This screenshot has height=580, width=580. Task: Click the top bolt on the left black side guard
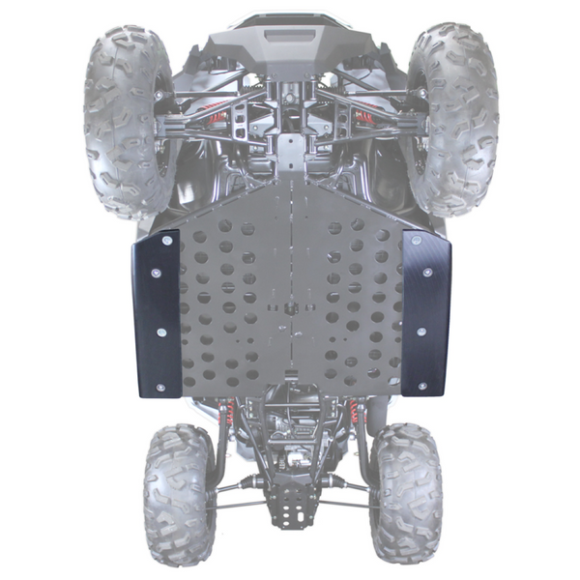[167, 239]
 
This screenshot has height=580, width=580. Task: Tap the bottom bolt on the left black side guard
[161, 388]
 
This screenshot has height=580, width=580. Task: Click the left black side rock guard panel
[158, 314]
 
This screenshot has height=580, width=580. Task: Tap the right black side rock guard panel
[425, 314]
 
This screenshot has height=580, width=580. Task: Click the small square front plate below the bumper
[290, 145]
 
